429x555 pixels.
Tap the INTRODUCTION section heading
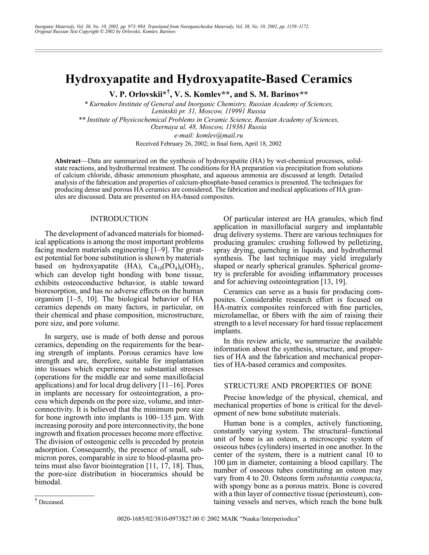click(x=119, y=219)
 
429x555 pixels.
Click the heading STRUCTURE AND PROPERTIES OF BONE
click(x=298, y=386)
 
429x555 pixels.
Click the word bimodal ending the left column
click(x=48, y=482)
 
